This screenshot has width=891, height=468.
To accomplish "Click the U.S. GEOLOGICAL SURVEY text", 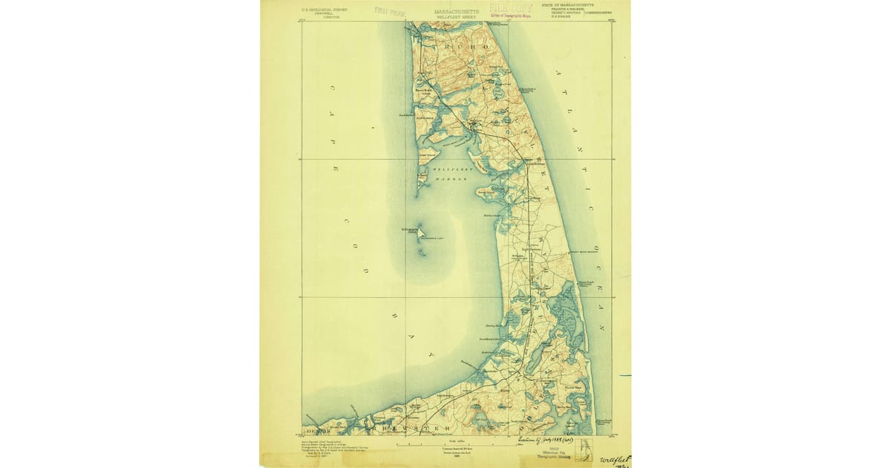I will (325, 9).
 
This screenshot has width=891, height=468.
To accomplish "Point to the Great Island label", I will (426, 155).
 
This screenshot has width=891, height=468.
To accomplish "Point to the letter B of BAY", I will (394, 315).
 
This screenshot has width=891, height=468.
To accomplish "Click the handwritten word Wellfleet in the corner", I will (614, 460).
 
